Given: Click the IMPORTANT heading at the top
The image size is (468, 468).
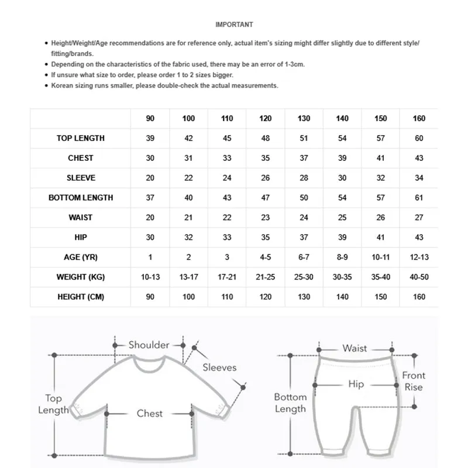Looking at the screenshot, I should pyautogui.click(x=234, y=25).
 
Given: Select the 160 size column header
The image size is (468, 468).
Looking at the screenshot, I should pyautogui.click(x=419, y=119).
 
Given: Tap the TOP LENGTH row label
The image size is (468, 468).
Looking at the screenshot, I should pyautogui.click(x=81, y=139).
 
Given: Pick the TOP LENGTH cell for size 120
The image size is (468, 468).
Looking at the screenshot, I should pyautogui.click(x=266, y=139).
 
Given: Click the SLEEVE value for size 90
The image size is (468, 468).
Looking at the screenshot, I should pyautogui.click(x=150, y=178).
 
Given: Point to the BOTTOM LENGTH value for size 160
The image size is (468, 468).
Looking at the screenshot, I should pyautogui.click(x=419, y=198).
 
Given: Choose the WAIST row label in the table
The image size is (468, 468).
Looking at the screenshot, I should pyautogui.click(x=81, y=218).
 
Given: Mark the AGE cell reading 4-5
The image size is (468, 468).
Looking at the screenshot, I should pyautogui.click(x=266, y=257).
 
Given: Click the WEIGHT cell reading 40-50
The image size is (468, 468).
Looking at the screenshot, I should pyautogui.click(x=419, y=277).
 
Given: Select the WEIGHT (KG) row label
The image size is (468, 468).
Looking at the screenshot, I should pyautogui.click(x=81, y=277).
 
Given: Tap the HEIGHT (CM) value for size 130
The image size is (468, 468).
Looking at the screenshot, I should pyautogui.click(x=304, y=297).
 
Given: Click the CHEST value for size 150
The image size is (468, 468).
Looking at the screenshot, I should pyautogui.click(x=381, y=158).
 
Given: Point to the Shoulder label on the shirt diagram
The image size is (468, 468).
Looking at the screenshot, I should pyautogui.click(x=149, y=345).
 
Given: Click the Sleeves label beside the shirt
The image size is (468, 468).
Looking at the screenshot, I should pyautogui.click(x=219, y=367).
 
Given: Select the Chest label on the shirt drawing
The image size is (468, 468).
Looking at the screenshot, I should pyautogui.click(x=149, y=414).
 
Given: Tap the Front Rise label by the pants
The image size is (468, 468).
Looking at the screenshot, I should pyautogui.click(x=414, y=381).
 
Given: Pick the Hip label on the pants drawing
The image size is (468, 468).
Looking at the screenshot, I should pyautogui.click(x=356, y=384).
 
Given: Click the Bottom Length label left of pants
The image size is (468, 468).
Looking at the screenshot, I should pyautogui.click(x=290, y=403).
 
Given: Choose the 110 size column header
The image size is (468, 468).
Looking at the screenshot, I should pyautogui.click(x=227, y=119).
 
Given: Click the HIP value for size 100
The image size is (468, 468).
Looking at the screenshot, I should pyautogui.click(x=189, y=238).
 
